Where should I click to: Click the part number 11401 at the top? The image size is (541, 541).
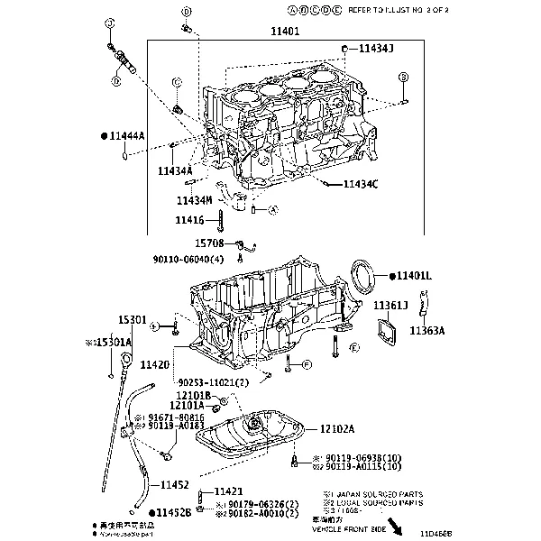pos(286,31)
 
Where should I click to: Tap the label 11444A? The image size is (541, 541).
pos(128,135)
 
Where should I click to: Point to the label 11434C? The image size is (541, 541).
pos(361,185)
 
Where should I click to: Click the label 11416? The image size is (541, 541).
pos(190,219)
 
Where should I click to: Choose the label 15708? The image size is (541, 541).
pos(210,243)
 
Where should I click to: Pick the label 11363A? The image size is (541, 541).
pos(427,331)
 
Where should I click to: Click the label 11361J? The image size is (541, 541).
pos(391,305)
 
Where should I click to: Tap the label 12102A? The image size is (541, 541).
pos(336,429)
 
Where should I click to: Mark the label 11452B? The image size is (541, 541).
pos(175,512)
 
